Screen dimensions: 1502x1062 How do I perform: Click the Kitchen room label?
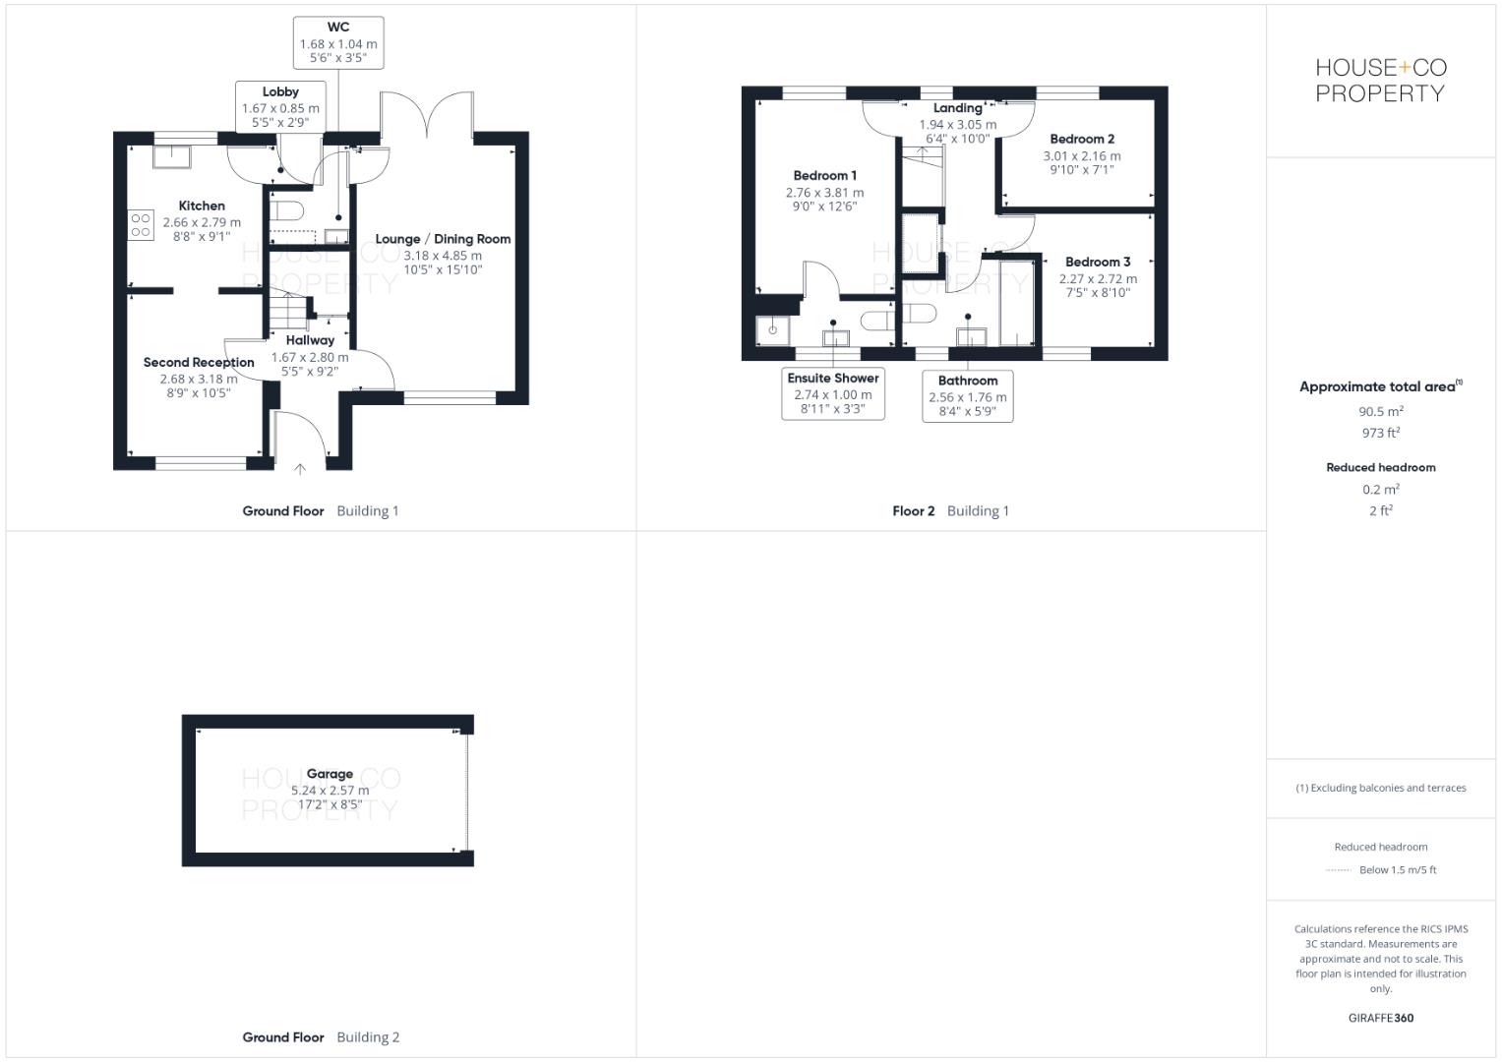pos(202,206)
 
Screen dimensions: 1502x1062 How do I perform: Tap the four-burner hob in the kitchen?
pos(141,225)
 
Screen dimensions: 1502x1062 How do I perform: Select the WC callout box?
pos(338,43)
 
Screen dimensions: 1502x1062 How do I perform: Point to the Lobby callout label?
pos(280,91)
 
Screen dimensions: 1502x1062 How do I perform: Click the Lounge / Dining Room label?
pos(443,239)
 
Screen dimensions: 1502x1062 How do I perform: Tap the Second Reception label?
pos(199,362)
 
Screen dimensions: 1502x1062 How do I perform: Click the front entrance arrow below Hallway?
pos(300,469)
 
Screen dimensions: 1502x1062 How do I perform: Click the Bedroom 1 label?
pos(824,175)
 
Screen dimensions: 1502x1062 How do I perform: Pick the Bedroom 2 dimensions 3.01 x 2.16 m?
pos(1082,155)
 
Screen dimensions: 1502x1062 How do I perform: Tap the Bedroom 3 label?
pos(1098,262)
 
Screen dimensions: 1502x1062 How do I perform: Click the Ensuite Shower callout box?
pos(833,393)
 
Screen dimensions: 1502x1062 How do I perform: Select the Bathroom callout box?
pos(968,396)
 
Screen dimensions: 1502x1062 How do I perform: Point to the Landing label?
pos(957,108)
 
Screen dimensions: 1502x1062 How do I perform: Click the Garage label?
pos(330,773)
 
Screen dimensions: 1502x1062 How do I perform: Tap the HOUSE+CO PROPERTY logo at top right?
pos(1381,80)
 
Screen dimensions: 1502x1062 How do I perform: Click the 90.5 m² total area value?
pos(1381,411)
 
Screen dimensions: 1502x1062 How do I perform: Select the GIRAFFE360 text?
pos(1381,1018)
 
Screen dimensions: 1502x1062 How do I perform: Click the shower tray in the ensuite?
pos(772,330)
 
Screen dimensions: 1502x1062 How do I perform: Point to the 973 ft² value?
pos(1381,433)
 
